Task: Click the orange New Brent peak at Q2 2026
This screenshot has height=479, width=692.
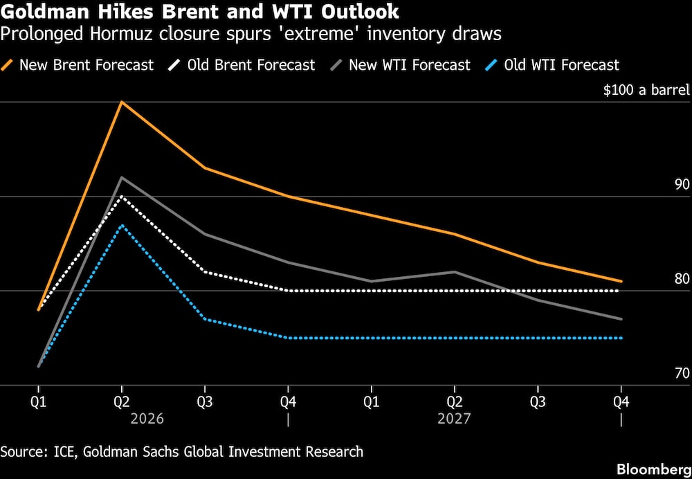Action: click(122, 102)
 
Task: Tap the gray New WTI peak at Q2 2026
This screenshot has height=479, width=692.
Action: click(122, 178)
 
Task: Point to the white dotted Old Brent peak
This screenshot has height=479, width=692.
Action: click(122, 197)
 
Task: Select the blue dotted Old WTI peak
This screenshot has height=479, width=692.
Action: click(122, 225)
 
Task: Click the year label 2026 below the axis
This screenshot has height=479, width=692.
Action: click(147, 419)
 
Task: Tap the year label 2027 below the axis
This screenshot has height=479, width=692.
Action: click(454, 419)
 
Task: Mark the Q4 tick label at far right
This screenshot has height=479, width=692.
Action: click(621, 400)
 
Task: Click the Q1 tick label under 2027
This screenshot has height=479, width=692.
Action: click(372, 400)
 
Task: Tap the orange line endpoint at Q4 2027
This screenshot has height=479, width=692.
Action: click(621, 281)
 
